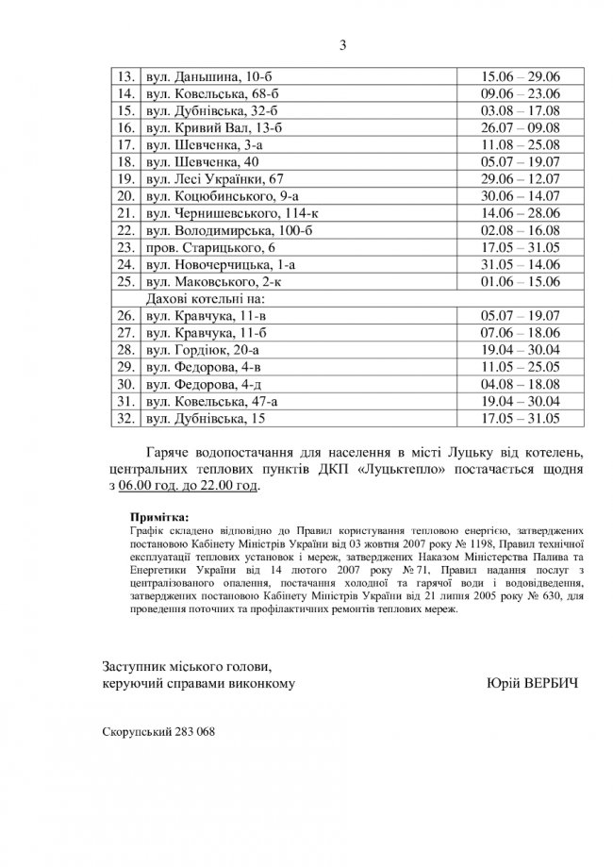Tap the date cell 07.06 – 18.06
point(521,333)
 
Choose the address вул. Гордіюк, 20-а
point(198,350)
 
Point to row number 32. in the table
point(124,418)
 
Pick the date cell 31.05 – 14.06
point(521,265)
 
